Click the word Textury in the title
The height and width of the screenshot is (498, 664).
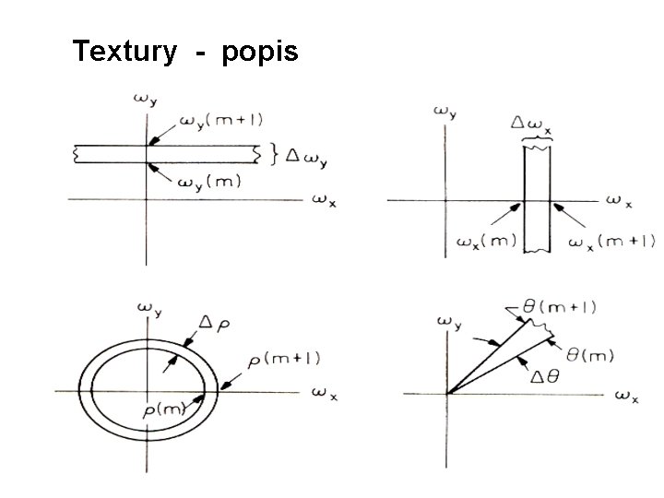click(123, 51)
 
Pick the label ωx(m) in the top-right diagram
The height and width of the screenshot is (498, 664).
click(485, 243)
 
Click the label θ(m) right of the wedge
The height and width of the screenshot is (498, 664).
click(589, 354)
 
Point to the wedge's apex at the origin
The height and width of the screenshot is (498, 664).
click(448, 393)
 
